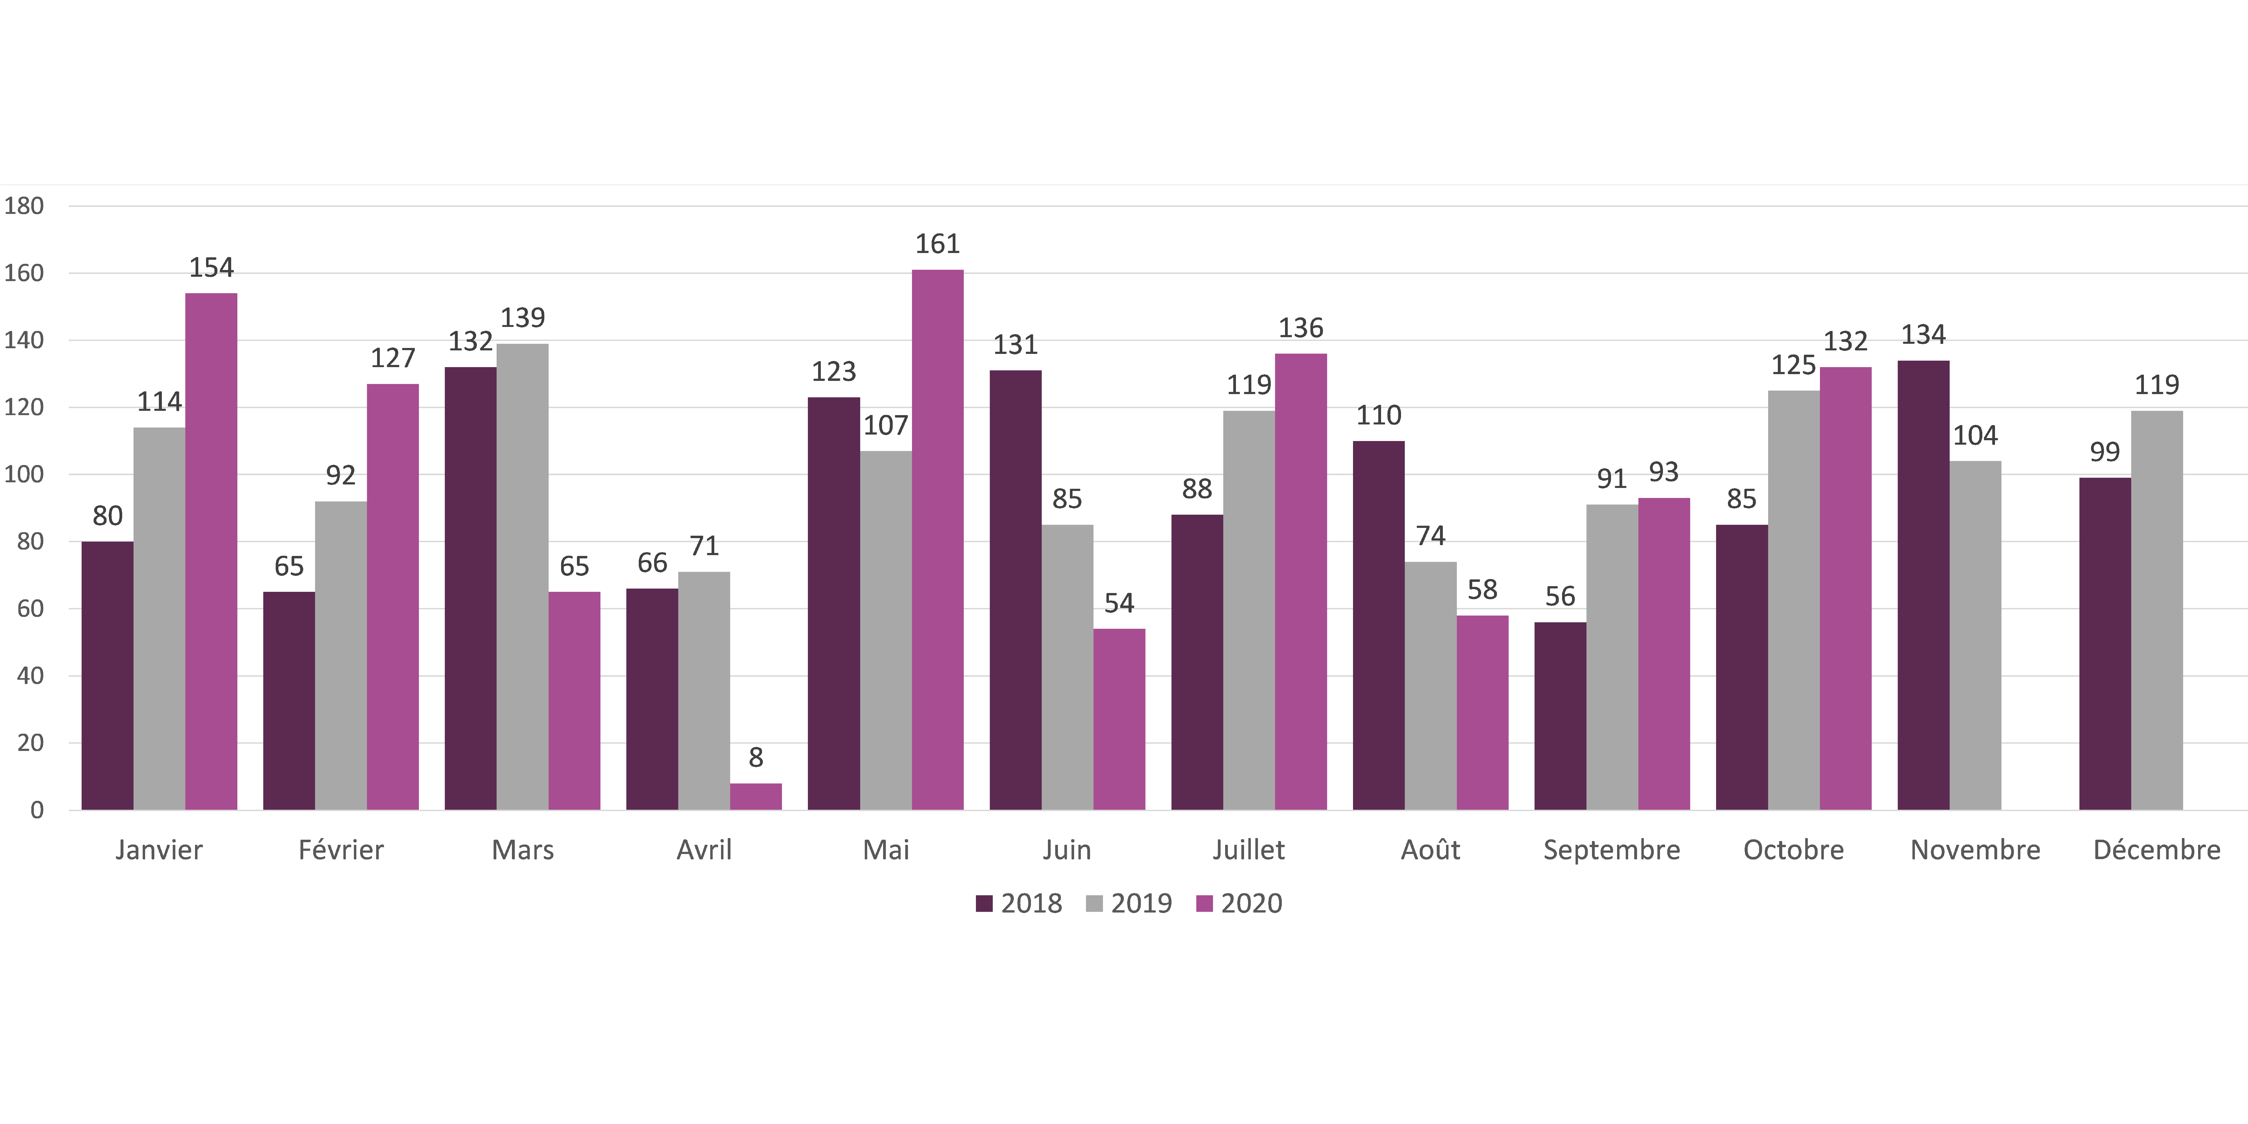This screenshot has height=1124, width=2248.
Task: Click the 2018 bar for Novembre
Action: point(1923,585)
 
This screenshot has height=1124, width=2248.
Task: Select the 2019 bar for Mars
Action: point(523,576)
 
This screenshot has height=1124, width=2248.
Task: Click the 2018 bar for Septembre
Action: point(1560,716)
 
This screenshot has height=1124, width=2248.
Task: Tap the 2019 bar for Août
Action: point(1430,686)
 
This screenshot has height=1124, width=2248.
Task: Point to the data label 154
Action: point(211,268)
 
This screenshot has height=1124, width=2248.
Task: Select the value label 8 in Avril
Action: point(756,757)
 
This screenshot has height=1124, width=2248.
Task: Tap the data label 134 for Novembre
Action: point(1923,335)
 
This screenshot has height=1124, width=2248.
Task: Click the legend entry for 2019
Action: point(1129,903)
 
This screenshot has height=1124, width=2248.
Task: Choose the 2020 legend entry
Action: point(1239,903)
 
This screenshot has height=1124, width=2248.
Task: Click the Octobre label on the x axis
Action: point(1793,850)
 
